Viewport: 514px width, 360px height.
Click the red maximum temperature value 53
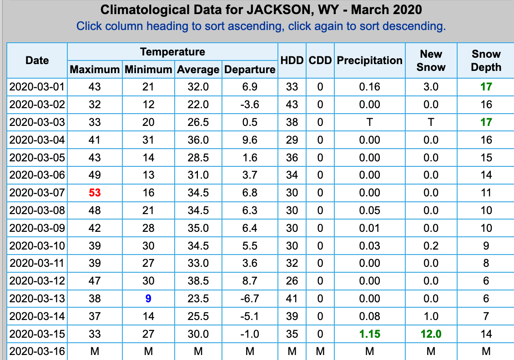[x=95, y=193]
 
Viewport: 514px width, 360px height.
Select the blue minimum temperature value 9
[x=148, y=299]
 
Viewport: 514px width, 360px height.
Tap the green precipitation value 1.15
[x=369, y=334]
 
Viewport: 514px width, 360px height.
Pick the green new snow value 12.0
[x=431, y=334]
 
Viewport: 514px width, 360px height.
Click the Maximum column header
[x=95, y=70]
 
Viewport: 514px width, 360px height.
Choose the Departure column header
[x=250, y=70]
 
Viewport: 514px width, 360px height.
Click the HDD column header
[x=292, y=60]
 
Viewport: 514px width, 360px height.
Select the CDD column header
[x=320, y=60]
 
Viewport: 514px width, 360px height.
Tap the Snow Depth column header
[x=486, y=60]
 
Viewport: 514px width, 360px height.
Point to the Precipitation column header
[x=369, y=60]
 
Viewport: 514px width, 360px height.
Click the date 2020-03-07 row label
[x=37, y=193]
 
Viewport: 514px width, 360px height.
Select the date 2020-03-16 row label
[x=37, y=351]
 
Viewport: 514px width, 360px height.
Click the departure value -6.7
[x=250, y=299]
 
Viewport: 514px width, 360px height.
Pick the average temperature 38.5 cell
[x=198, y=281]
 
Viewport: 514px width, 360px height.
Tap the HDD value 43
[x=292, y=105]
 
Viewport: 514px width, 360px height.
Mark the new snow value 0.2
[x=431, y=246]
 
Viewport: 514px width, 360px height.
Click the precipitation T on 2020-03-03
[x=369, y=122]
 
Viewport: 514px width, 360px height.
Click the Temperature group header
[x=172, y=52]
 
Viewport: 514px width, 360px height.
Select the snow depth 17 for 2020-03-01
[x=486, y=87]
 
